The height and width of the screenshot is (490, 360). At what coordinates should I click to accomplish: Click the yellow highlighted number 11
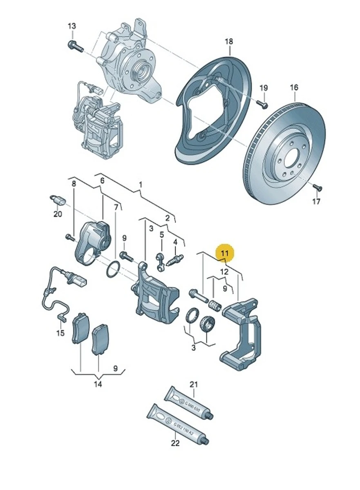[x=224, y=254]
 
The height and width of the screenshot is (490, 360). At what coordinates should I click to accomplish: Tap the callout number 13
[x=72, y=26]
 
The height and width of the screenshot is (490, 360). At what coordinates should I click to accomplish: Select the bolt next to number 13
[x=76, y=46]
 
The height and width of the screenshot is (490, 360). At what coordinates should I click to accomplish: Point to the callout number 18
[x=229, y=41]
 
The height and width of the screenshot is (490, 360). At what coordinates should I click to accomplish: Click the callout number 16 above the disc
[x=294, y=87]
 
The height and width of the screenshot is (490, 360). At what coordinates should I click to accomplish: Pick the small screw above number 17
[x=317, y=187]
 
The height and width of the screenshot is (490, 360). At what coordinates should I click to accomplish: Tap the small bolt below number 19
[x=264, y=105]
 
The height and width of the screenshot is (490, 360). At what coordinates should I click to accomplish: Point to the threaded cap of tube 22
[x=206, y=440]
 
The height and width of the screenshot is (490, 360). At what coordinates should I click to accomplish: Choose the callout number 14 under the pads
[x=98, y=384]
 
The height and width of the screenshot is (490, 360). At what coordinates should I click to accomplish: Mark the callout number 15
[x=60, y=333]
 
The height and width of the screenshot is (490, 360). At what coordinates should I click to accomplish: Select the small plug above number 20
[x=57, y=200]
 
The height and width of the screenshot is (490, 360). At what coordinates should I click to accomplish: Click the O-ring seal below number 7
[x=112, y=270]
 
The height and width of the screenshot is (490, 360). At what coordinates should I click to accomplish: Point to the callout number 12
[x=224, y=272]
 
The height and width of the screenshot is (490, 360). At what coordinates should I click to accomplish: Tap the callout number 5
[x=161, y=234]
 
